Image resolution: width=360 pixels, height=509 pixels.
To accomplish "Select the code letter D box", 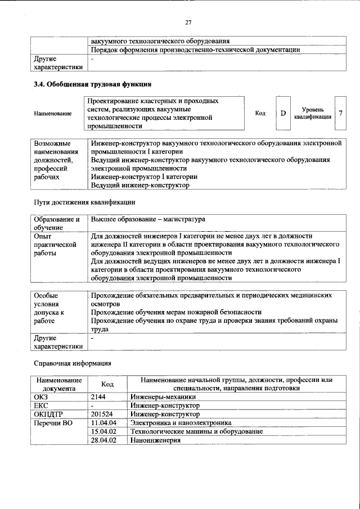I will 283,114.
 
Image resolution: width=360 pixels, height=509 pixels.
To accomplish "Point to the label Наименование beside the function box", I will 53,114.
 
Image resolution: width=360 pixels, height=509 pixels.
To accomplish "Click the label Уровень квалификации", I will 312,113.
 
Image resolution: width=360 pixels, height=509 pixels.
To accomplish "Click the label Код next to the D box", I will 260,114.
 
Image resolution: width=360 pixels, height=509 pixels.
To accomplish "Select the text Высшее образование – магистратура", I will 148,219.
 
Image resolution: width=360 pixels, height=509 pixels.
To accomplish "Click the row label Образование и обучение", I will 56,223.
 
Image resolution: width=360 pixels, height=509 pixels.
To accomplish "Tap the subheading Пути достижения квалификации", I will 84,201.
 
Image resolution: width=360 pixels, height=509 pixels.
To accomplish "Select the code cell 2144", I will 98,397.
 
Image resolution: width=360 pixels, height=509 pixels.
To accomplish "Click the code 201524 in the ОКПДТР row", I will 103,414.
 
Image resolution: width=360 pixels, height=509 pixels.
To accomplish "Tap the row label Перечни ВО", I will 53,423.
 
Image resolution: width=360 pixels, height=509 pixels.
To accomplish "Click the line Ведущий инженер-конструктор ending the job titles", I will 140,185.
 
